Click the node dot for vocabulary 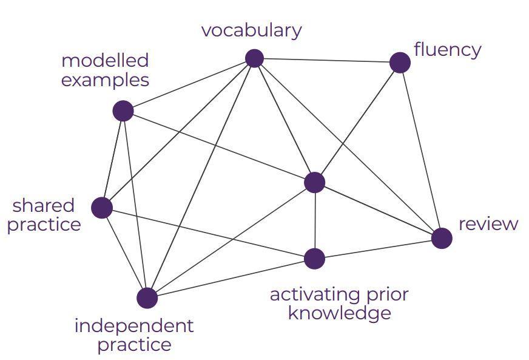(254, 58)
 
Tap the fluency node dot (400, 63)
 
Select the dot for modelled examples (123, 111)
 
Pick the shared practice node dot (102, 208)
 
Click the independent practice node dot (147, 298)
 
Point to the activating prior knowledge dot (314, 259)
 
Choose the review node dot (442, 238)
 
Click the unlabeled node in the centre (314, 182)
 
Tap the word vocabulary (251, 30)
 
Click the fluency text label (447, 50)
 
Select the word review (488, 224)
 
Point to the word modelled (105, 61)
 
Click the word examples (105, 80)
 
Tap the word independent (133, 326)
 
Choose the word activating (308, 294)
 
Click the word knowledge (339, 313)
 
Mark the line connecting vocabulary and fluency (327, 60)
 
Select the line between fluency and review (420, 149)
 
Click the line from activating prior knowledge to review (378, 248)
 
